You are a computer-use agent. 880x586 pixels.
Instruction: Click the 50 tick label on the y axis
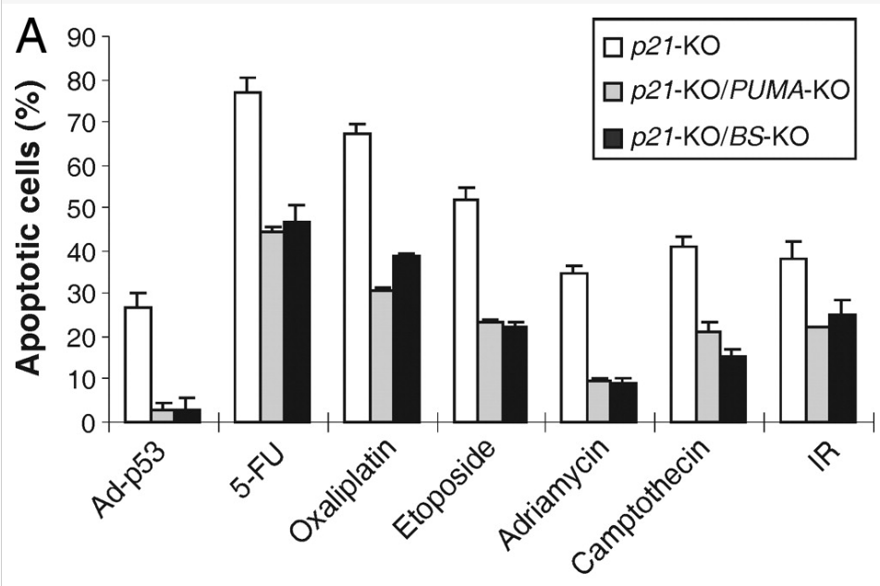[x=85, y=208]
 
